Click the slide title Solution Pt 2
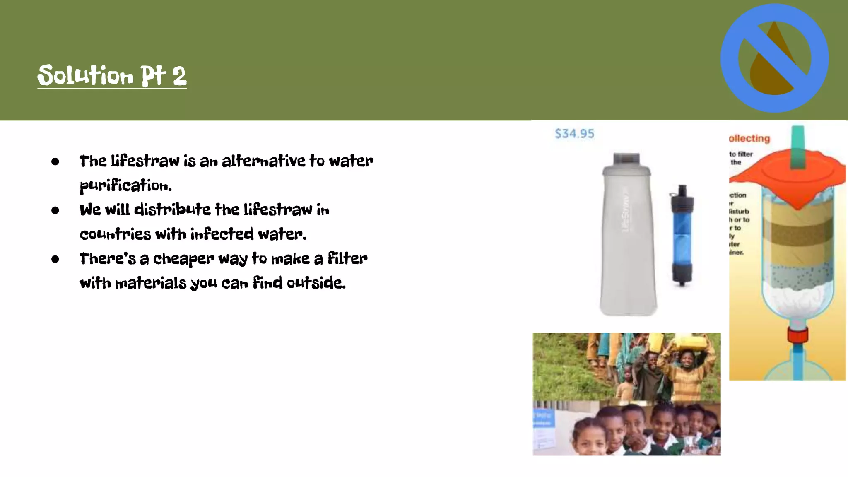click(112, 75)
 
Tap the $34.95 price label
click(574, 134)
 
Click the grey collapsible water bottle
click(628, 240)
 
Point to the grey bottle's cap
click(626, 159)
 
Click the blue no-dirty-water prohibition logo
click(774, 58)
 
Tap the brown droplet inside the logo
click(766, 75)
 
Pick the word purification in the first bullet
click(125, 185)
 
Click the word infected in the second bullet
click(222, 234)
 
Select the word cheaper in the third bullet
click(183, 259)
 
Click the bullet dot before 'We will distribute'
click(55, 210)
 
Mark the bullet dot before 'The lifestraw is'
click(55, 161)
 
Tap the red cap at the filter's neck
click(797, 335)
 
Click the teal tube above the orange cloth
click(797, 145)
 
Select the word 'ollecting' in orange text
click(749, 139)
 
